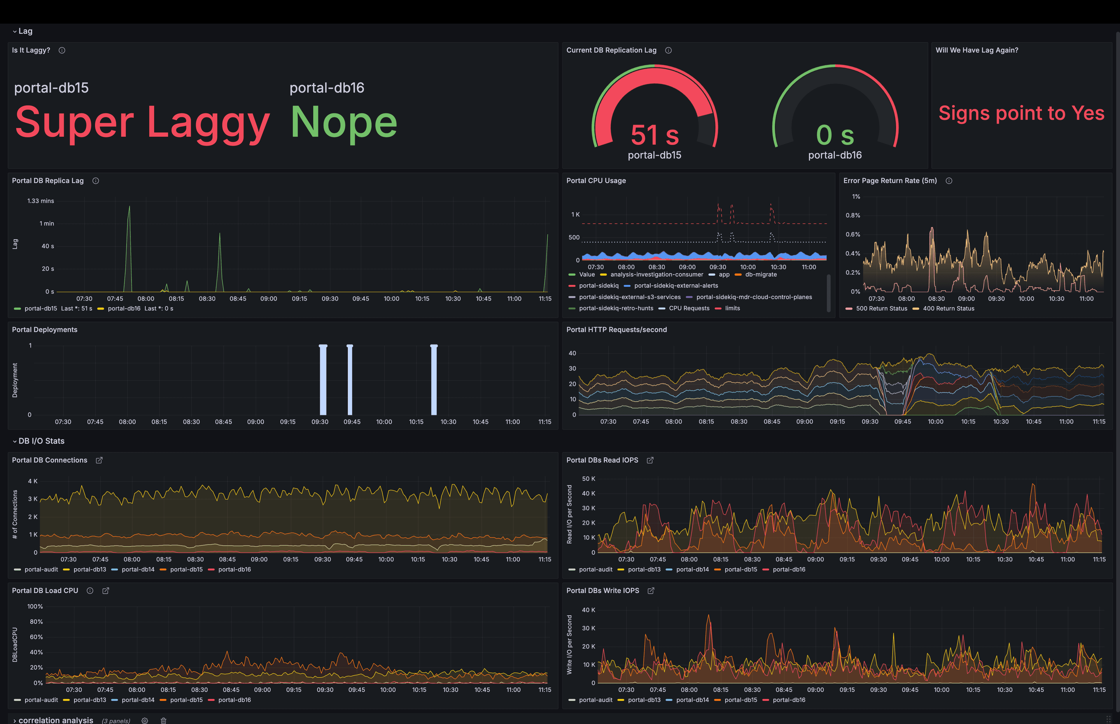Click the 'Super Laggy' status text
coord(142,122)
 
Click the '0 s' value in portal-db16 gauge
coord(835,135)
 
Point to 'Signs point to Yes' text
coord(1021,113)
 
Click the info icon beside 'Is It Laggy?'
coord(62,50)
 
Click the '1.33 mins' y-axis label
coord(41,201)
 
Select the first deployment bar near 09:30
coord(323,380)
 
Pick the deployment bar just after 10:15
coord(434,380)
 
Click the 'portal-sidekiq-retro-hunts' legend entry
coord(616,308)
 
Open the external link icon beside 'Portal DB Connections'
coord(99,460)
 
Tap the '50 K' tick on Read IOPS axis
coord(588,479)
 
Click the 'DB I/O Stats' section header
coord(41,441)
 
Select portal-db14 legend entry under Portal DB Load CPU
coord(138,700)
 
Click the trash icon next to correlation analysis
coord(164,720)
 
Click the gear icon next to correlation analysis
coord(145,720)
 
